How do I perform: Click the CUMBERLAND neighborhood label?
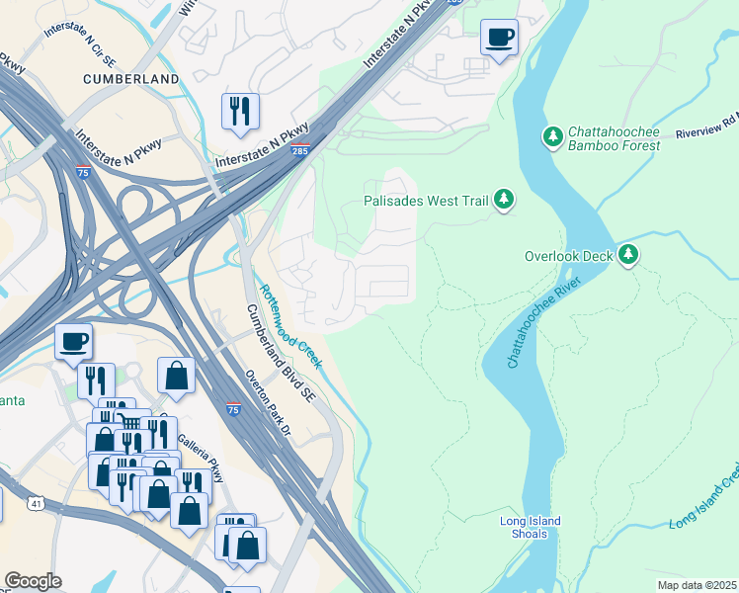click(x=131, y=78)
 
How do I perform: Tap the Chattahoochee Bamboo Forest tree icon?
click(x=553, y=134)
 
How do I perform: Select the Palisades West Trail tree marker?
click(x=505, y=200)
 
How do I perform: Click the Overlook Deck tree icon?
click(x=628, y=255)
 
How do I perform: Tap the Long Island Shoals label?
click(x=531, y=529)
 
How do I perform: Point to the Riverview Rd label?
click(x=705, y=129)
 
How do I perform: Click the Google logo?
click(x=34, y=581)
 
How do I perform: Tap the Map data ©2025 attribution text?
click(x=697, y=585)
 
